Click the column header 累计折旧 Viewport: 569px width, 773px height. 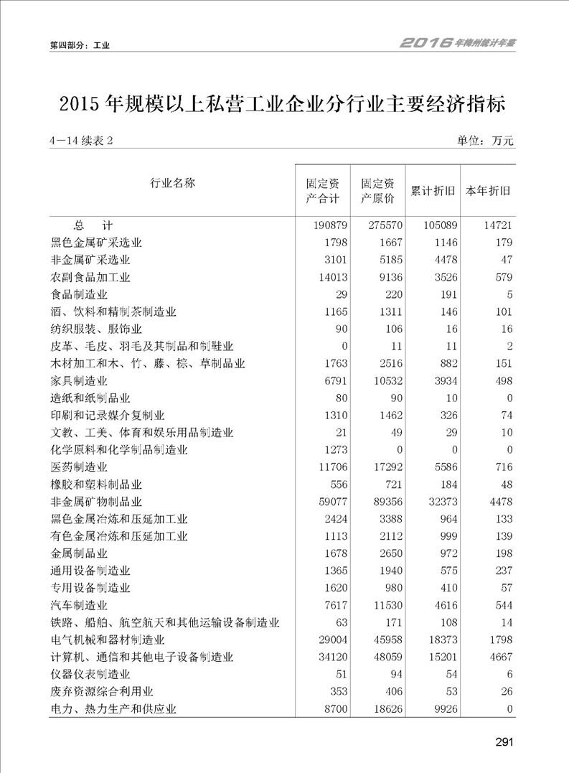coord(433,192)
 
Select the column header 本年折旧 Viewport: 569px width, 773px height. coord(488,192)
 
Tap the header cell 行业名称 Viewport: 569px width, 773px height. coord(172,183)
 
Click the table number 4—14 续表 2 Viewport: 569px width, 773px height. coord(82,141)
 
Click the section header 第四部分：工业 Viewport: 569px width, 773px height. coord(79,45)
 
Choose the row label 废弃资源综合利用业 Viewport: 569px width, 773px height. coord(102,692)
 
